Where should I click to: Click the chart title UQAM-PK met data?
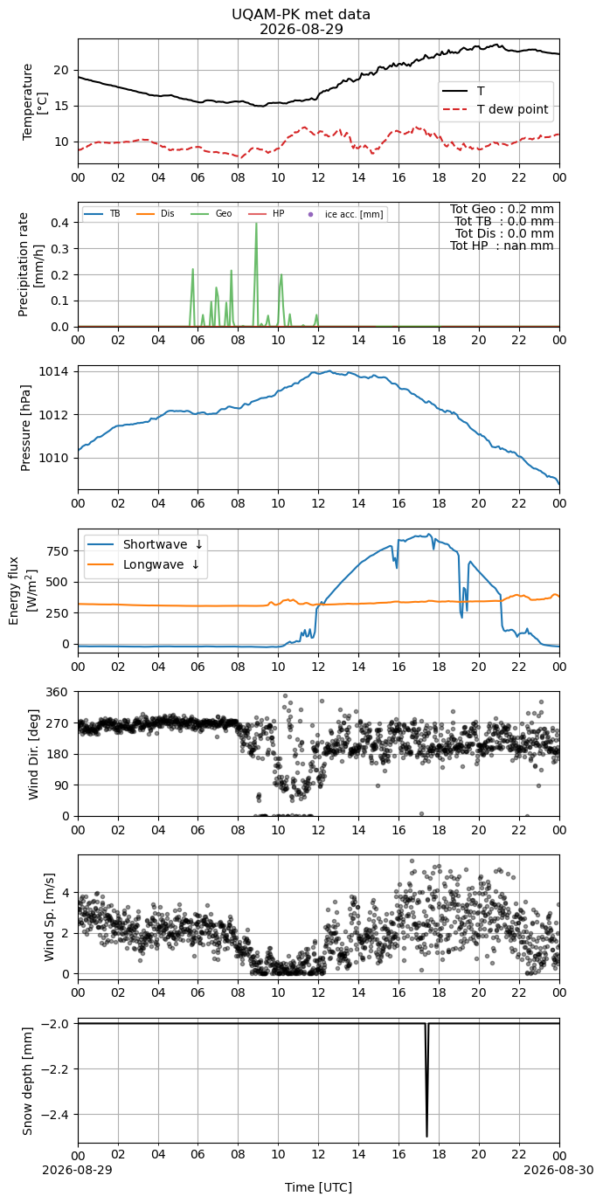[301, 15]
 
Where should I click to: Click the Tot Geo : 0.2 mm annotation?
[502, 209]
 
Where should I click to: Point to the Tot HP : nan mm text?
[502, 246]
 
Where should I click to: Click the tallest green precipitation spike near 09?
[256, 224]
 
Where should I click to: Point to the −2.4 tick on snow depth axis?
[54, 1115]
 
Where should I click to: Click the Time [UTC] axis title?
[318, 1187]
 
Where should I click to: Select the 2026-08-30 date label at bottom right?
[559, 1169]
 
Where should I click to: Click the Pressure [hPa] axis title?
[25, 428]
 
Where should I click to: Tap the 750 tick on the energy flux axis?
[59, 551]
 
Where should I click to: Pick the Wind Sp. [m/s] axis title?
[50, 917]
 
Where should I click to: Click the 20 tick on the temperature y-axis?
[62, 71]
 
